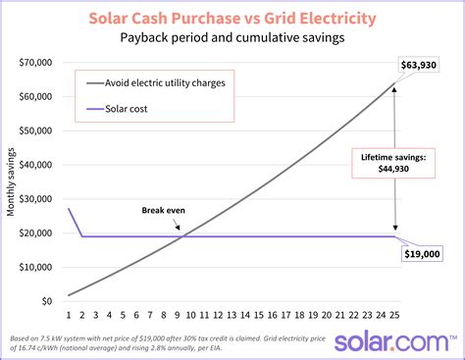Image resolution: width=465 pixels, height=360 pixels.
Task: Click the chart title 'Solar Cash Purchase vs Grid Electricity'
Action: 232,19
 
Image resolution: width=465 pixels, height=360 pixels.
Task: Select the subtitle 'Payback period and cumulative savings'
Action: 232,38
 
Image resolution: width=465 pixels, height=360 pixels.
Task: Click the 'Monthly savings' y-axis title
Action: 11,181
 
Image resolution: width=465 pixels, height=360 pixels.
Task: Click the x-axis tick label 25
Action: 394,315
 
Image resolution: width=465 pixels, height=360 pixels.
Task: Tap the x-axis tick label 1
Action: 68,315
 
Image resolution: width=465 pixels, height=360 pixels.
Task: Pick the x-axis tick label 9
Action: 178,315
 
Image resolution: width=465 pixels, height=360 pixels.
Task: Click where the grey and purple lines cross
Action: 182,235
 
